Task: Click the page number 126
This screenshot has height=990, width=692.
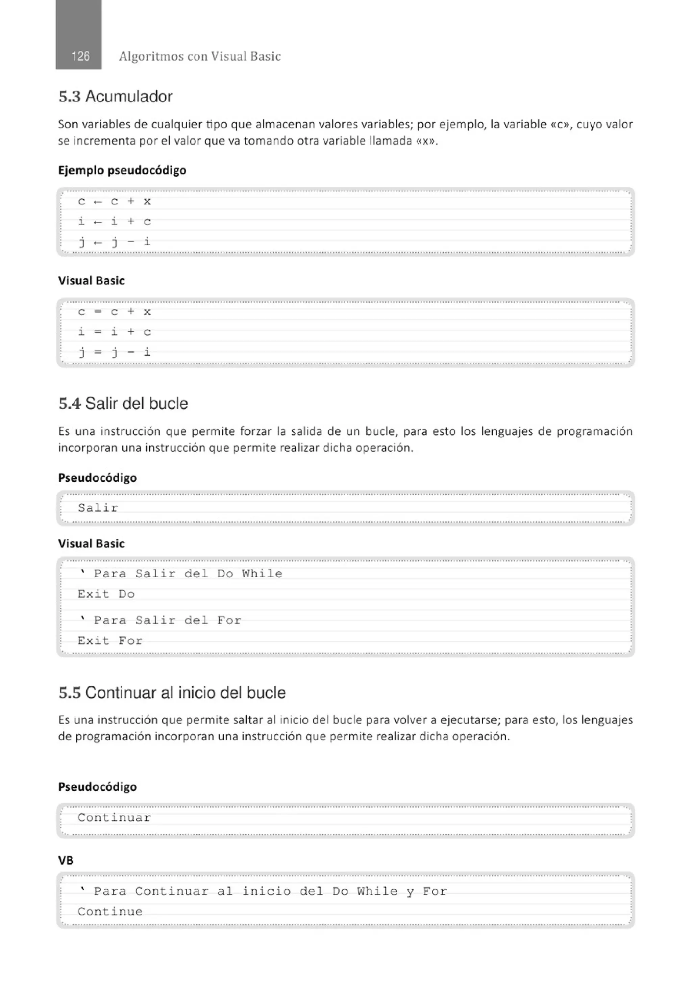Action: tap(80, 56)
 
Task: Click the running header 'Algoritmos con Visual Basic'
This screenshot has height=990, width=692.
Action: tap(199, 56)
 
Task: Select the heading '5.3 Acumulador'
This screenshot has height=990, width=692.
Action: tap(116, 97)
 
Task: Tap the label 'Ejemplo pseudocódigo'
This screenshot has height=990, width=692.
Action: tap(122, 170)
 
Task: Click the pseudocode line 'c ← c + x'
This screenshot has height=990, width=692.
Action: tap(114, 201)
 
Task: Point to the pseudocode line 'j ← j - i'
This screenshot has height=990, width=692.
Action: tap(114, 242)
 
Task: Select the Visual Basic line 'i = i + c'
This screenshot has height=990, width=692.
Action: tap(114, 332)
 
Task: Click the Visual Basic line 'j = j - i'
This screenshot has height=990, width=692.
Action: tap(114, 352)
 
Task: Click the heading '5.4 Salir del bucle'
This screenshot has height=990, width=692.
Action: tap(123, 404)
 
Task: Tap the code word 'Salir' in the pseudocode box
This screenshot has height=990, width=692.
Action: tap(98, 508)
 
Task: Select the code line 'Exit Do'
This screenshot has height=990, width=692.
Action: tap(106, 594)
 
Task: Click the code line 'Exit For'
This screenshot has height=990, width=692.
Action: tap(110, 641)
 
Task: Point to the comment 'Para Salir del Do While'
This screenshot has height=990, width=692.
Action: tap(188, 574)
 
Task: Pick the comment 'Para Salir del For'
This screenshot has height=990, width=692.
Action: tap(167, 620)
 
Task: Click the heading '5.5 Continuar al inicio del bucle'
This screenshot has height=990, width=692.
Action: tap(172, 693)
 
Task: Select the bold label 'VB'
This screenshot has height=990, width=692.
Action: tap(66, 861)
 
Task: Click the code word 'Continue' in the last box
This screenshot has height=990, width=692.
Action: tap(110, 912)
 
